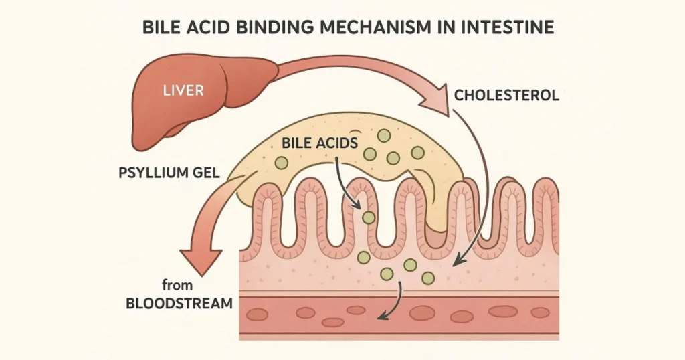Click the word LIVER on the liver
[183, 90]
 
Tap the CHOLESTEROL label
[506, 95]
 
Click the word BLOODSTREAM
[179, 303]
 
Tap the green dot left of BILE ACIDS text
[282, 162]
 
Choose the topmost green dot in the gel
[383, 136]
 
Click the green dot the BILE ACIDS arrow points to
[369, 217]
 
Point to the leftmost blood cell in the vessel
[257, 314]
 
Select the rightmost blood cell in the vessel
[540, 312]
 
